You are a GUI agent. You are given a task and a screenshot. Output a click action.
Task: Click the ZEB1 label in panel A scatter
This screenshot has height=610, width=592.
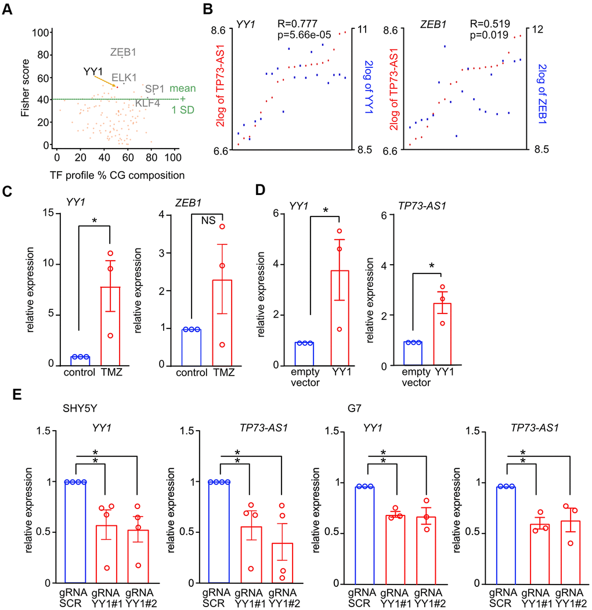tap(124, 52)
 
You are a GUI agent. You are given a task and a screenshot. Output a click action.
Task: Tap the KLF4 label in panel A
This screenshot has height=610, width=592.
tap(147, 103)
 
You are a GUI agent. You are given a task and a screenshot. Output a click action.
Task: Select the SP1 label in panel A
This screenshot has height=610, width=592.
tap(155, 89)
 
